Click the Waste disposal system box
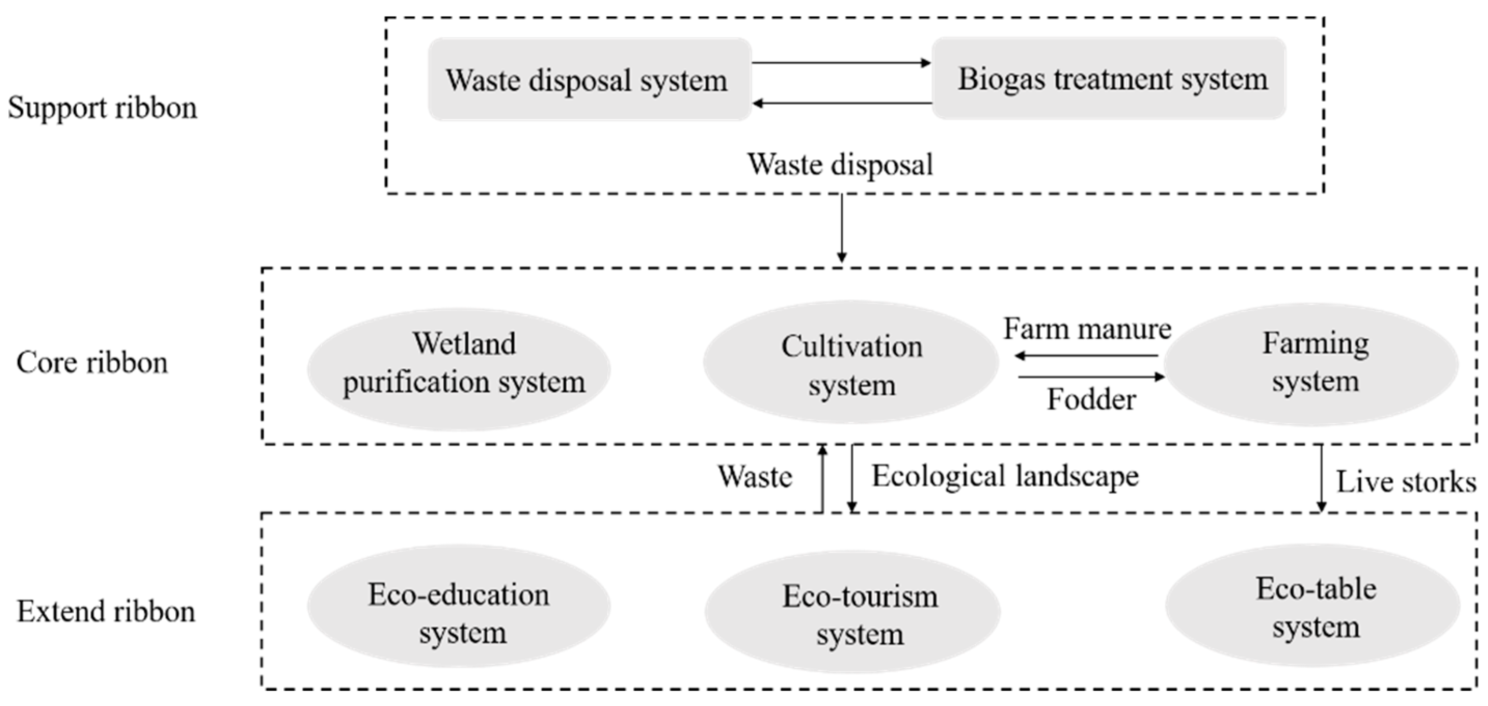click(589, 80)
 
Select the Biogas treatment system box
click(1109, 79)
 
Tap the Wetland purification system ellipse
click(459, 368)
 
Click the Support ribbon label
click(102, 108)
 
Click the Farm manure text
click(1087, 329)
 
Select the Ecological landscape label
click(1005, 477)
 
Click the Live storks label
click(1405, 482)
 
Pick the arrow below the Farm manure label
click(1086, 356)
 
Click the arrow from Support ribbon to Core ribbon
click(842, 228)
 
